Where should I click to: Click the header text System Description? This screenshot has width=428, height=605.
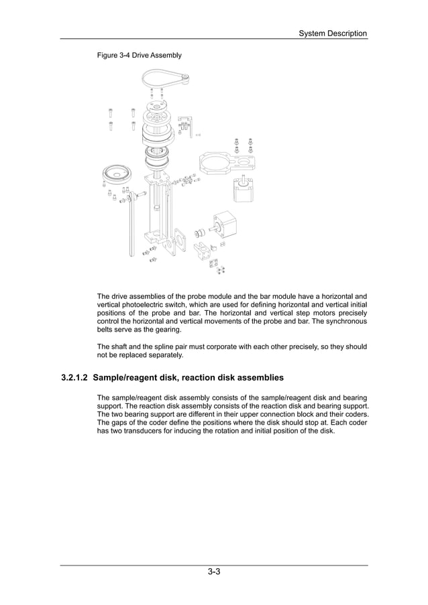[332, 33]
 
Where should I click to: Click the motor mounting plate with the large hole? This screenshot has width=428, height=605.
[225, 162]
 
